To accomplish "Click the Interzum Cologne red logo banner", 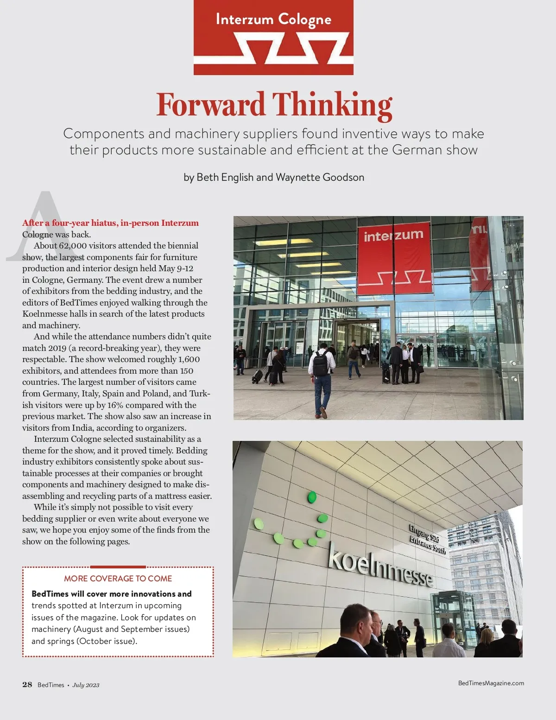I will [x=273, y=38].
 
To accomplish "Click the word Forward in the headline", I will [x=211, y=105].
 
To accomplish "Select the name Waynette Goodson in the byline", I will [x=320, y=177].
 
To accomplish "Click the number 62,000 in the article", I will [x=73, y=246].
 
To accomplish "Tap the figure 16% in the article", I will [x=115, y=405].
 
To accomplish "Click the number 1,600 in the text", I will [x=189, y=359].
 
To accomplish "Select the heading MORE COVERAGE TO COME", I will [x=118, y=579].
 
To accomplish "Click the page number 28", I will [x=27, y=685].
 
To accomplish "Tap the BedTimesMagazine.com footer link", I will [x=491, y=683].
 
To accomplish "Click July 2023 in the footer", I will [x=86, y=685].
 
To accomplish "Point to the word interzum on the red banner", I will [x=393, y=235].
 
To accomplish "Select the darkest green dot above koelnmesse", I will [x=312, y=497].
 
